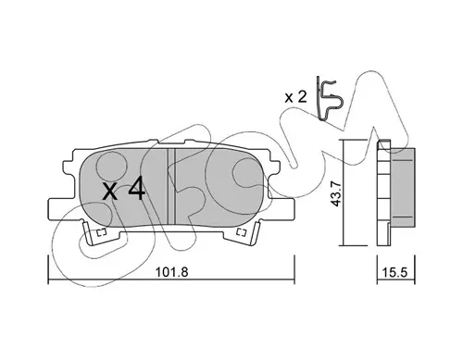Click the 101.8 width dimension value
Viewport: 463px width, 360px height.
171,272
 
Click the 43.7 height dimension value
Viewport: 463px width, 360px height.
335,193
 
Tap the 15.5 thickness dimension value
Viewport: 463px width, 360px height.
395,272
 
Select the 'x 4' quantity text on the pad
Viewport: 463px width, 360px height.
124,189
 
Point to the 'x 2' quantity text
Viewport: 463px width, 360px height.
295,97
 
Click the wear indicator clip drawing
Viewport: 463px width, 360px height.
329,98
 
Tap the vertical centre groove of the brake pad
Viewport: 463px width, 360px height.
171,186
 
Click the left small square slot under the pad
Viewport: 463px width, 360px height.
102,232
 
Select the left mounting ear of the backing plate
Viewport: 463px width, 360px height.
63,210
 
